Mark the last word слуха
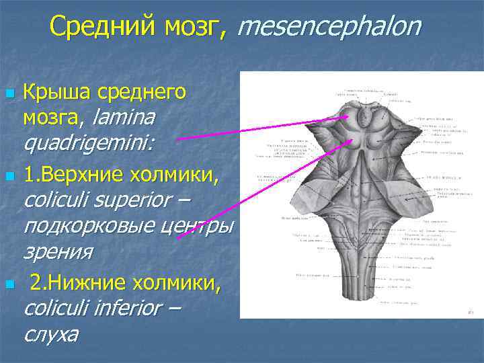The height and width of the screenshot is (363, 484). tap(50, 334)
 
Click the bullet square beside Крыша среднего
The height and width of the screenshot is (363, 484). tap(9, 93)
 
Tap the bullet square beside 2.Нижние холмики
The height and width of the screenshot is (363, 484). tap(9, 285)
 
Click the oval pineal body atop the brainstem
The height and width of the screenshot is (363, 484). tap(364, 118)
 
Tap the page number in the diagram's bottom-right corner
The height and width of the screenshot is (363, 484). tap(470, 312)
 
